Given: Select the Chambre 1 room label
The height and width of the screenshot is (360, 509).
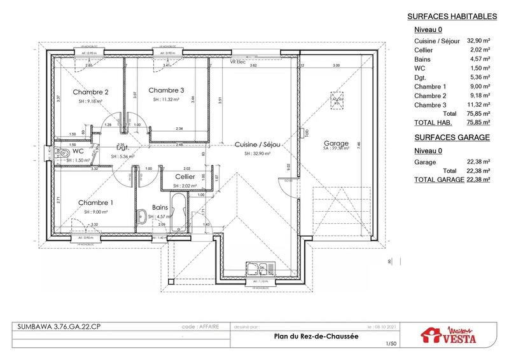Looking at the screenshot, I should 96,202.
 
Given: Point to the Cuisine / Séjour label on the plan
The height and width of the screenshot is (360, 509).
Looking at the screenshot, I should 258,144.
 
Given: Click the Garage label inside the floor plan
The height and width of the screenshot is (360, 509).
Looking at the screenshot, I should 335,143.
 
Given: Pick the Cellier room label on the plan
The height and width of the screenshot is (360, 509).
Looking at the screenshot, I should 185,176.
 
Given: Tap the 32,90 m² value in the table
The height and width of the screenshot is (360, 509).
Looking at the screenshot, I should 478,39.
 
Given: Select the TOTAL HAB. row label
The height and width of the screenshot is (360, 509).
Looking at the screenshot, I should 433,122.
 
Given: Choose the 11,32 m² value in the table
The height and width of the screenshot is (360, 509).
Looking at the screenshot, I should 479,105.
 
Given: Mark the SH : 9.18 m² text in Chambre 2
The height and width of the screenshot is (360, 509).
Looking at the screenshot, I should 91,101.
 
